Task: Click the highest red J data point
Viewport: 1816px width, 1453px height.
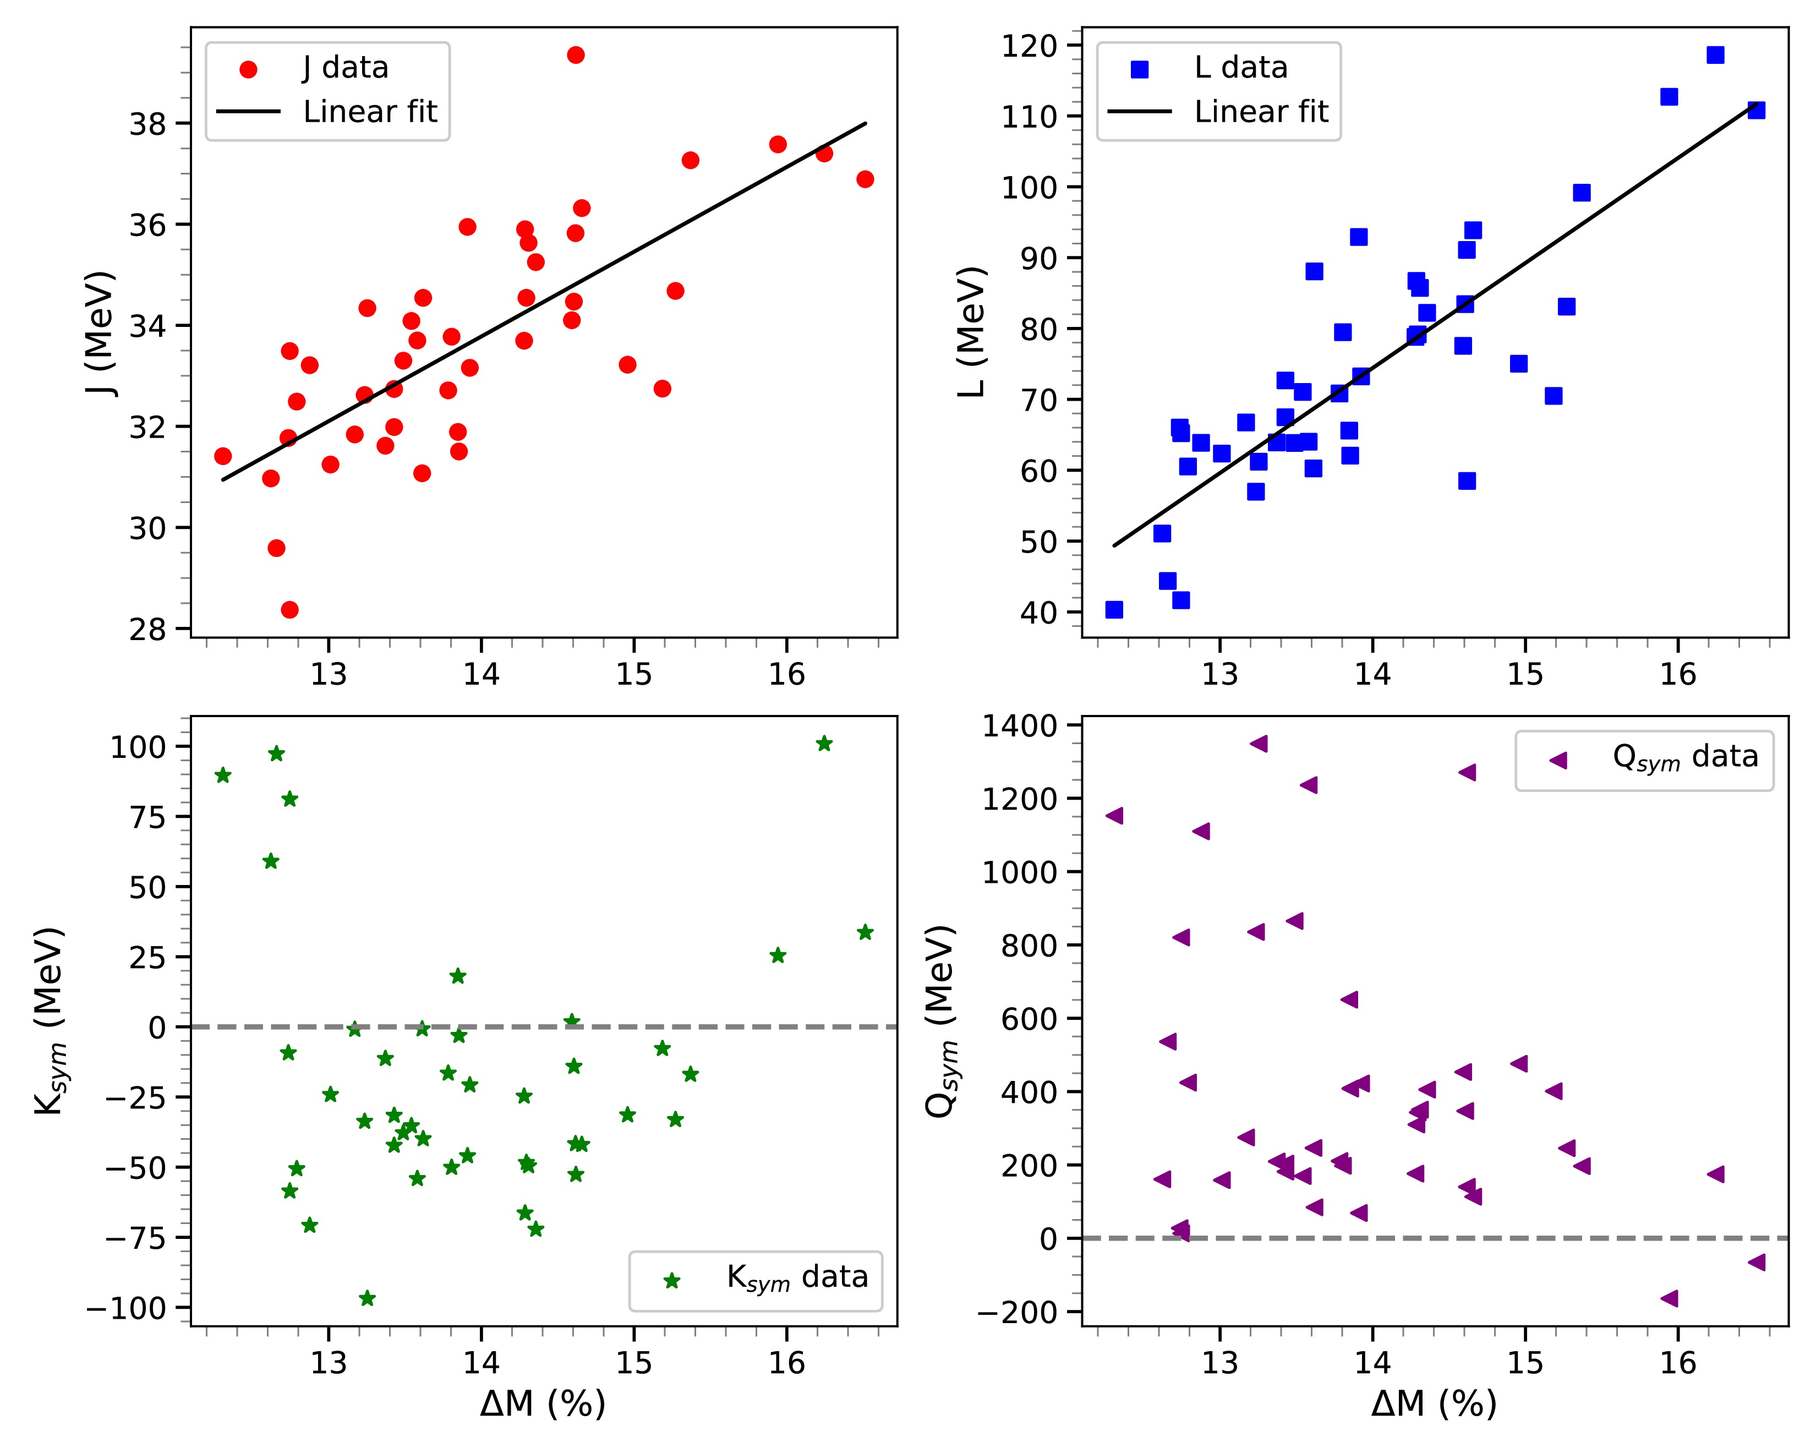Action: click(575, 54)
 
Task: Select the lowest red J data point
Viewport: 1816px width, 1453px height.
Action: click(289, 609)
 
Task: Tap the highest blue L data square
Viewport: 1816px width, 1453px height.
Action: click(1715, 54)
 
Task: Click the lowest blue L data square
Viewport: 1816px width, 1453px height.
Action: click(1113, 609)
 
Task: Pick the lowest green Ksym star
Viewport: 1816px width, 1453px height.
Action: click(367, 1298)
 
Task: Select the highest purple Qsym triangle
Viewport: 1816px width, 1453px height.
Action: click(1259, 743)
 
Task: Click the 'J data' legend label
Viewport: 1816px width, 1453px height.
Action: click(346, 67)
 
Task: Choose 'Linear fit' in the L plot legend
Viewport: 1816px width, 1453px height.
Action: click(1260, 111)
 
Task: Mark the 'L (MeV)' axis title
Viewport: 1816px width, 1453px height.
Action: click(973, 332)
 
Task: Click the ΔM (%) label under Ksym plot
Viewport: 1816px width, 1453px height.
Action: click(543, 1403)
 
